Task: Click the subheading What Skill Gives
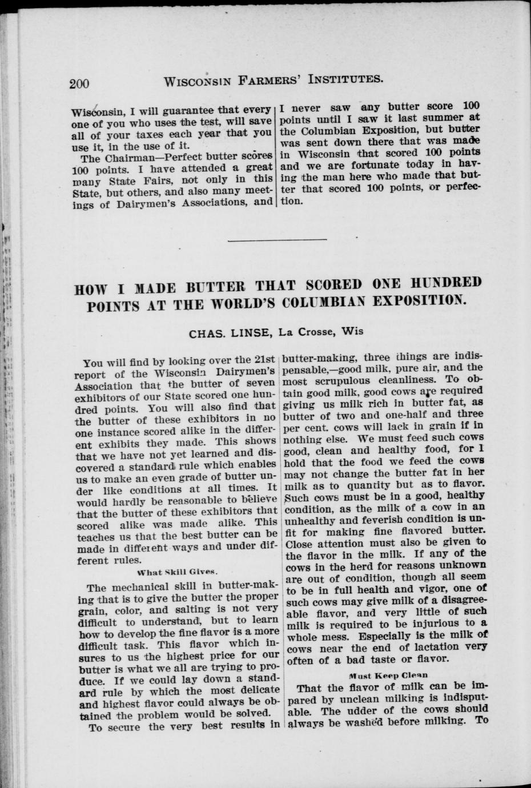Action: [178, 572]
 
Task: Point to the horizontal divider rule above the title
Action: [277, 239]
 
